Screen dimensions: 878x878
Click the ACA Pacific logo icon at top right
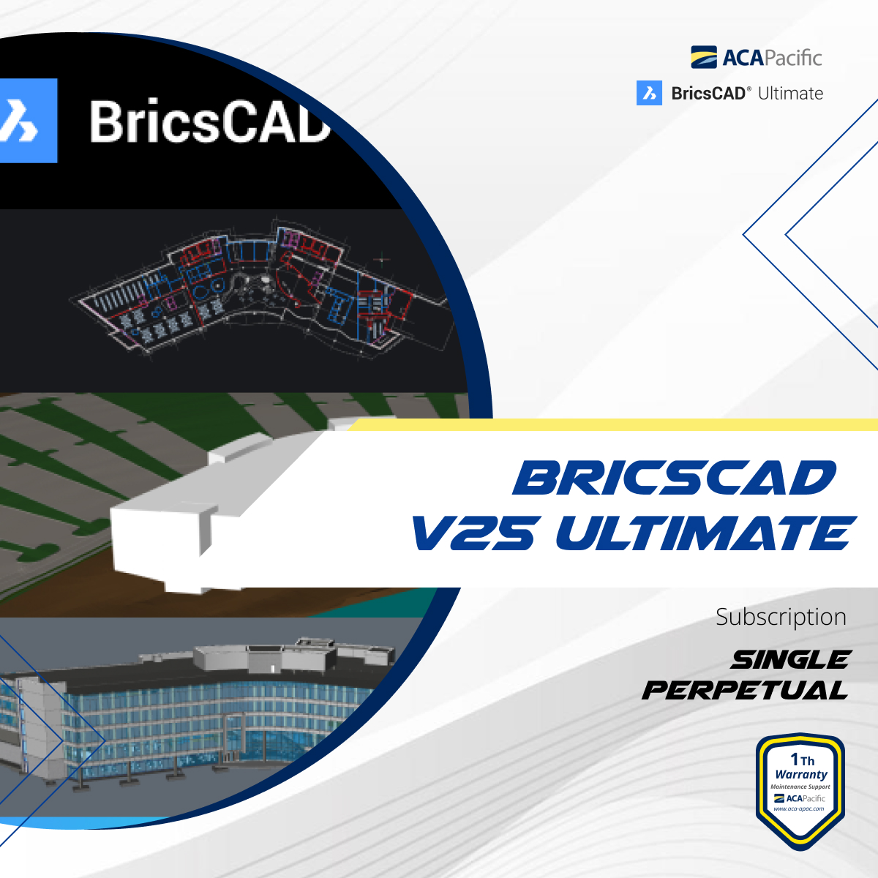click(704, 57)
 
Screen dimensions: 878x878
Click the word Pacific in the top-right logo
click(792, 58)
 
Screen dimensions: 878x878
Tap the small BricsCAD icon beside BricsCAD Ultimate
click(649, 93)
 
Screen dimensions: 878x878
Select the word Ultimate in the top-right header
click(790, 94)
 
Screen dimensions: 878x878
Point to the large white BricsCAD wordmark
click(209, 121)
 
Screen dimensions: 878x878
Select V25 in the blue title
click(473, 533)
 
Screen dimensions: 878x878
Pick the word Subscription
click(781, 617)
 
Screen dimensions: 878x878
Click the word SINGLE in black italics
click(790, 660)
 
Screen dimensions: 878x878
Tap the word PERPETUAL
click(745, 690)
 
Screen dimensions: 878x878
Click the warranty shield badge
click(800, 790)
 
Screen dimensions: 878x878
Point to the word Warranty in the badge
click(801, 774)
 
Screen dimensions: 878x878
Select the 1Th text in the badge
click(802, 759)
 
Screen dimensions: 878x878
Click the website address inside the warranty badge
click(799, 808)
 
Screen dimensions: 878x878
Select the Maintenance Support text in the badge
click(800, 787)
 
